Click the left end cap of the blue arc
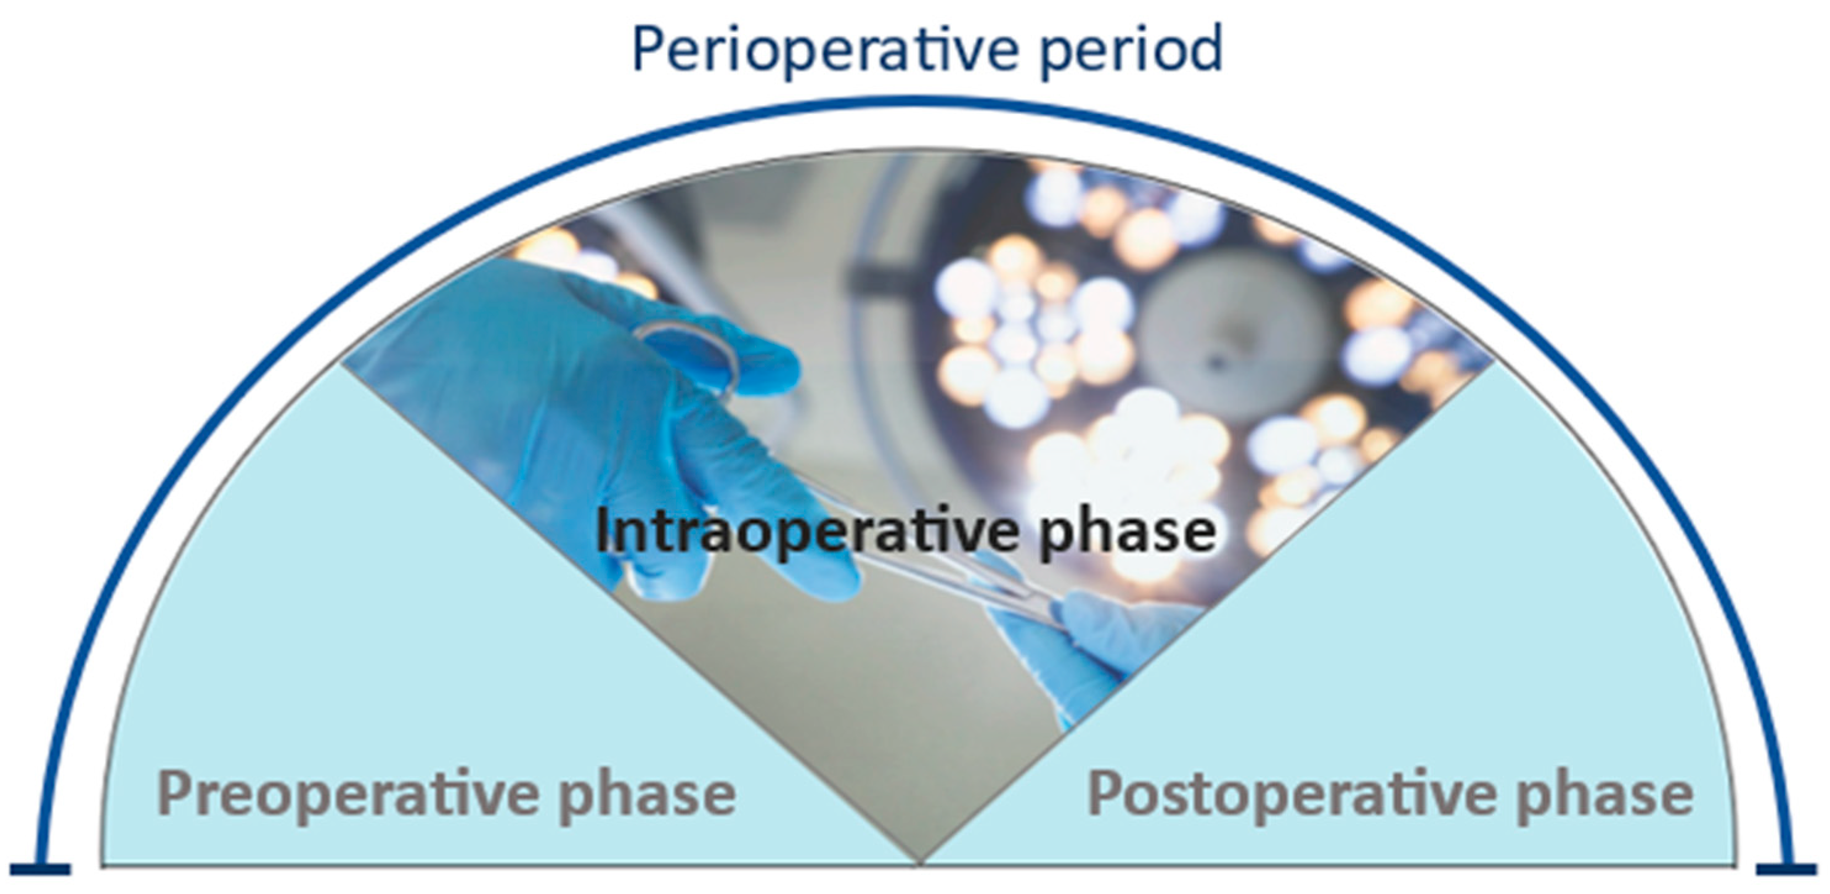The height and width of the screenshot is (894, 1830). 41,869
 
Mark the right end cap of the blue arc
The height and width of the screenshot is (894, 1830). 1787,869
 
